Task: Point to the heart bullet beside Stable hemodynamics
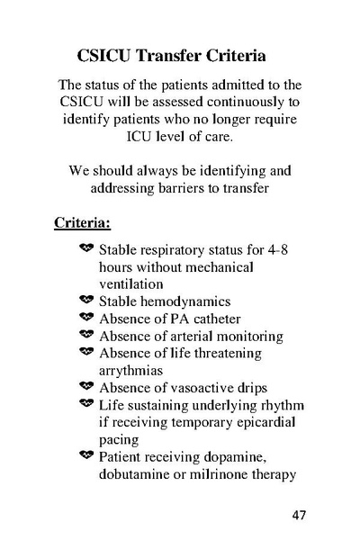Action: tap(85, 300)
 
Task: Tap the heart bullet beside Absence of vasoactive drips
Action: tap(85, 388)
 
